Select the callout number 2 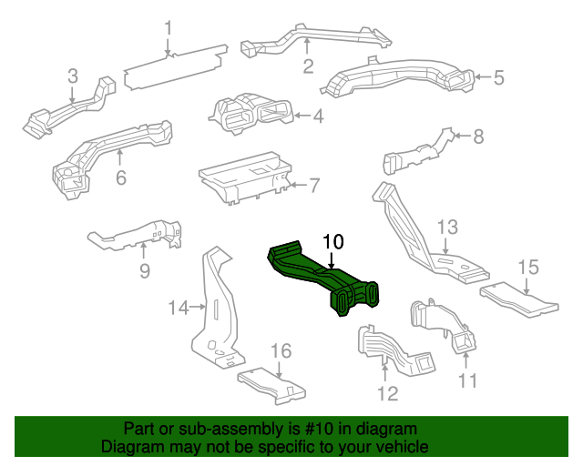pos(308,66)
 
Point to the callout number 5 pos(498,77)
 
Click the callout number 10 pos(333,241)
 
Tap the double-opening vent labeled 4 pos(251,114)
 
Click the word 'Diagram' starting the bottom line pos(131,448)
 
